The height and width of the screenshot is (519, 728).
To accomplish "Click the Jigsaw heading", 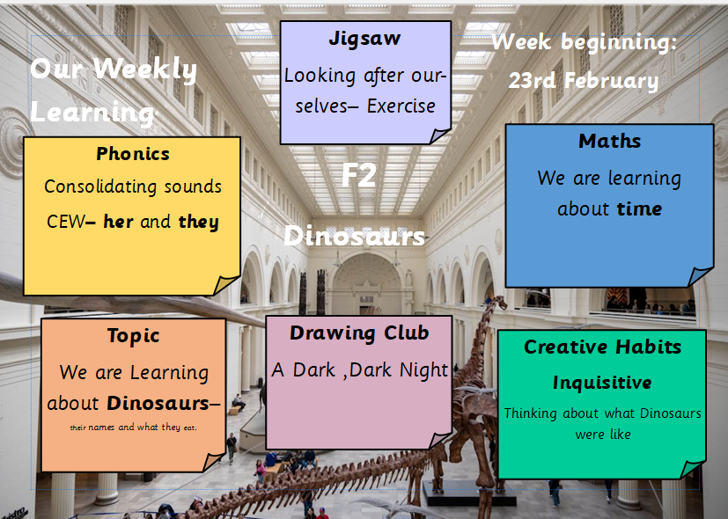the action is [x=364, y=39].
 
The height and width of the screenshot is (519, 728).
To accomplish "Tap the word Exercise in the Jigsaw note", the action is [x=401, y=106].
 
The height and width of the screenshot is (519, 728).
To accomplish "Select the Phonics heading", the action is [x=133, y=154].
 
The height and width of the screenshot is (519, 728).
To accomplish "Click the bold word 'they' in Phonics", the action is [x=199, y=222].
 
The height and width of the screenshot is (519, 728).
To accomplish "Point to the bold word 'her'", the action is [x=118, y=222].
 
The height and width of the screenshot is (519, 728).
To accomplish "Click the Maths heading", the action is [x=610, y=141].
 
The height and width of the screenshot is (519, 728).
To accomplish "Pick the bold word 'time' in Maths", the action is [x=639, y=208].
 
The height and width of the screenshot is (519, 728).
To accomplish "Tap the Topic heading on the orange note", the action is [x=133, y=336].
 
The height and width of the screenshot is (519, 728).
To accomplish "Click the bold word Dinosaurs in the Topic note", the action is [x=158, y=404].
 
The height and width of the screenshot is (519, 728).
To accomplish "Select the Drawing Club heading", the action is [x=359, y=333].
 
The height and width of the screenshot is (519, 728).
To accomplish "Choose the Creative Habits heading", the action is [x=603, y=347].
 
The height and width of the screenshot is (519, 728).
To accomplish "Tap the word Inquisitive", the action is [x=602, y=383].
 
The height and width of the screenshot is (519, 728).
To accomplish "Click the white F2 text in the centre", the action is [x=358, y=175].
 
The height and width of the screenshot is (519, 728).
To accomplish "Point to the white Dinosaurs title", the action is [x=354, y=236].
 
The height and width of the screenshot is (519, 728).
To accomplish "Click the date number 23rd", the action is [x=532, y=81].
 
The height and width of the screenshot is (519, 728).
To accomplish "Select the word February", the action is [x=612, y=81].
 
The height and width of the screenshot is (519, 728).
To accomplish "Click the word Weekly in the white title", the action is [x=145, y=69].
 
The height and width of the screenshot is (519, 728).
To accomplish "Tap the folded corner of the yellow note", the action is [x=226, y=285].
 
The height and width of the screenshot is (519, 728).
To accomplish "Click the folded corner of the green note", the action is [x=692, y=470].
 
